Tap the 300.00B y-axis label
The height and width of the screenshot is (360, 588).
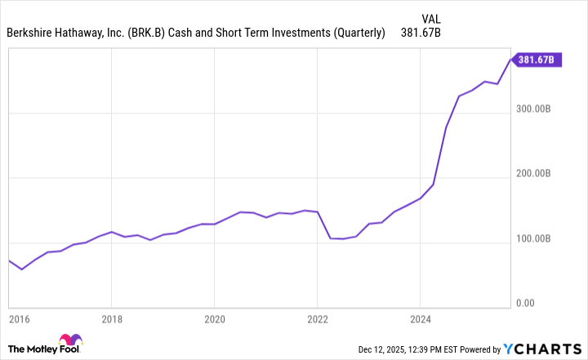pos(536,109)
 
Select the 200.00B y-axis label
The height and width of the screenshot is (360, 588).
pos(536,174)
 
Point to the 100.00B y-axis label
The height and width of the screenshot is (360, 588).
pos(536,239)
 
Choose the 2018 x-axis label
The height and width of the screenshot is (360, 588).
pos(111,320)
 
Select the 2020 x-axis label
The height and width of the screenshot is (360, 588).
pos(214,320)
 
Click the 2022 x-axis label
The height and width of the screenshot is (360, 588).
pos(317,320)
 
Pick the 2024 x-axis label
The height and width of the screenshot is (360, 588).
pos(420,320)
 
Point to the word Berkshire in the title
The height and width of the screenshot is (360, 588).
pos(32,33)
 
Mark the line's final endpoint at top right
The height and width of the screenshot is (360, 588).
pos(511,60)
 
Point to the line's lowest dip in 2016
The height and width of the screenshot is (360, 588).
pos(22,269)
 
